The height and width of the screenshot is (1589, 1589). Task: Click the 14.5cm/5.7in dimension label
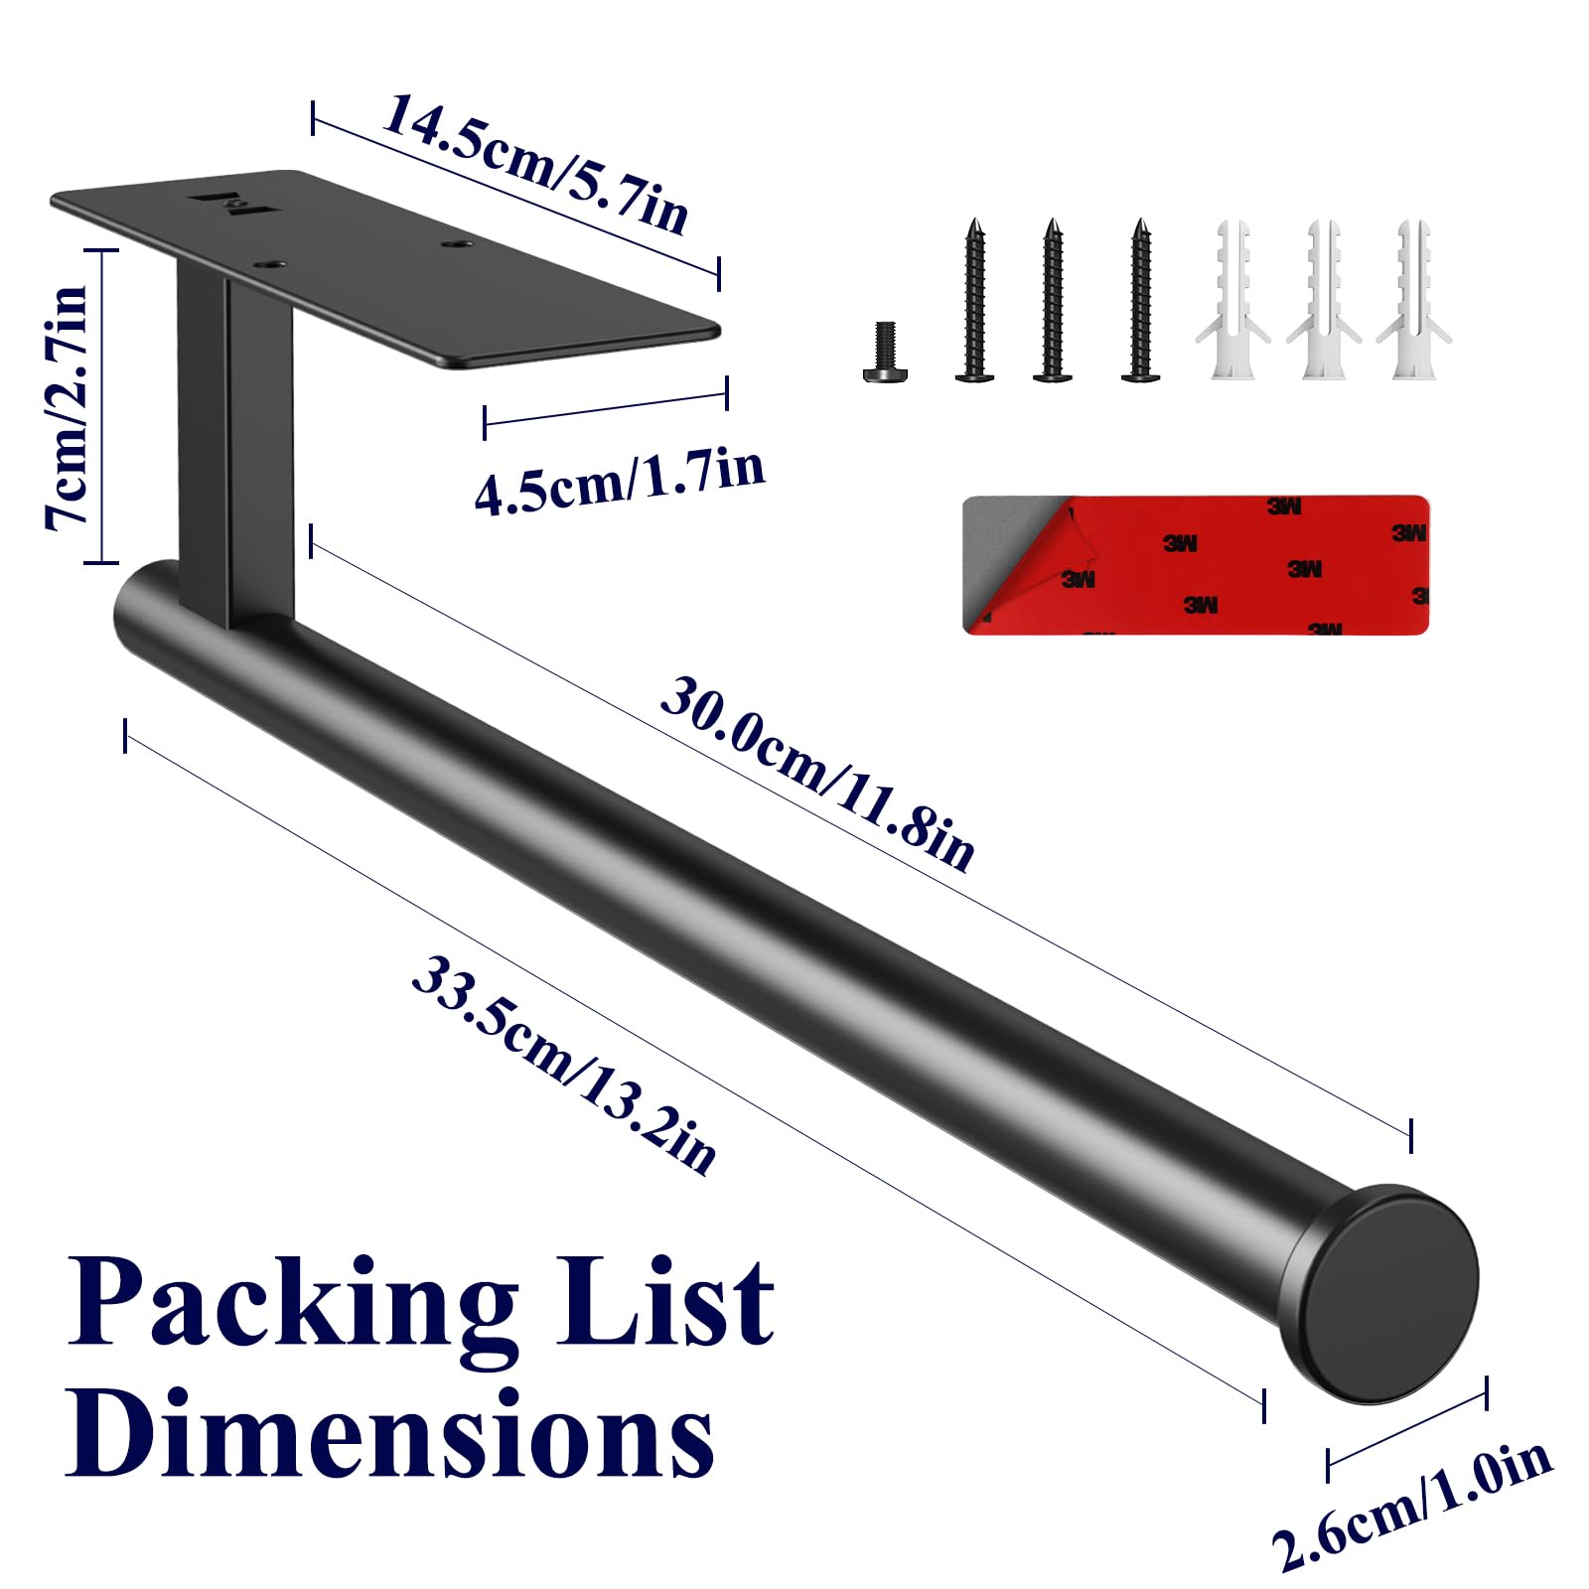tap(534, 164)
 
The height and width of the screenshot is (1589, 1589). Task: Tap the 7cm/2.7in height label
tap(68, 407)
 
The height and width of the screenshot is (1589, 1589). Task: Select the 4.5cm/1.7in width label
tap(619, 481)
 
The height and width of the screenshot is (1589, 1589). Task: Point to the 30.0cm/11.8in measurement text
tap(817, 775)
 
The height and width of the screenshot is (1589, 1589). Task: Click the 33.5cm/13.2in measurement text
tap(563, 1065)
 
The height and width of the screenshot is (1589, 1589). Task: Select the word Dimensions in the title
tap(390, 1432)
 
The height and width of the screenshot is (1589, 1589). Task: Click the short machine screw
tap(885, 352)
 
